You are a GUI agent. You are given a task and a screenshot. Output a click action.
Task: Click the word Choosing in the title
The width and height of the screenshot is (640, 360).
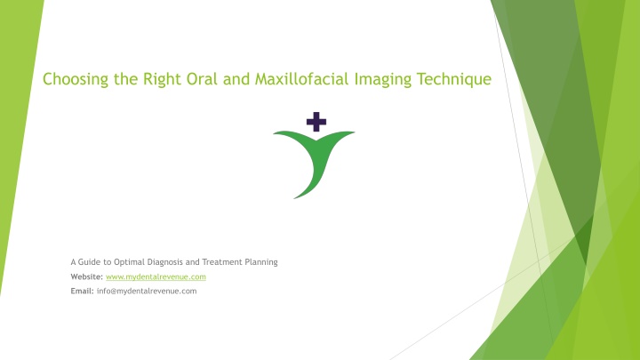tap(76, 79)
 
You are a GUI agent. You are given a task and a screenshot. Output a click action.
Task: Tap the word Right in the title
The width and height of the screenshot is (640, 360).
tap(163, 79)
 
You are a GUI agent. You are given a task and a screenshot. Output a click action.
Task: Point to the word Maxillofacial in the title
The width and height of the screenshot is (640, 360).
tap(301, 79)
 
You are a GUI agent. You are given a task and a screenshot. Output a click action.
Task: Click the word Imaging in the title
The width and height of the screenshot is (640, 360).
tap(383, 79)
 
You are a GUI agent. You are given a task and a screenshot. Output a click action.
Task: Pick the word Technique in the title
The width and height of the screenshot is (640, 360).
tap(454, 79)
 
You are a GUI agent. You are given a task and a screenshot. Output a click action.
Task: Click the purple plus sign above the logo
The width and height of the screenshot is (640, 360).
tap(316, 122)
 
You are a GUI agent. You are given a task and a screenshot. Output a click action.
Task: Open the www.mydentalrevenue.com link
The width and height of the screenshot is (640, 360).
tap(156, 276)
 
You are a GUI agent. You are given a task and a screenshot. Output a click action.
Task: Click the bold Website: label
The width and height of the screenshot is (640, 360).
tap(87, 276)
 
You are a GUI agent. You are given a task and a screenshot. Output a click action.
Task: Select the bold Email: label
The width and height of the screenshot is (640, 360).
tap(82, 291)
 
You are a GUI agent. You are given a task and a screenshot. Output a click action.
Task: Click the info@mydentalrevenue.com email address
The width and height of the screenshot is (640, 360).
tap(147, 291)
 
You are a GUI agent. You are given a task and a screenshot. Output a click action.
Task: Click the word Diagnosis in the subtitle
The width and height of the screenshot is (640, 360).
tap(165, 262)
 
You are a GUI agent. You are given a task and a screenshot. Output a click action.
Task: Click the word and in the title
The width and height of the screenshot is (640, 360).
tap(236, 79)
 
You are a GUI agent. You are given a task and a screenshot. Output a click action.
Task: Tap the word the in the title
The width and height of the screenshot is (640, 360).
tap(125, 79)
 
